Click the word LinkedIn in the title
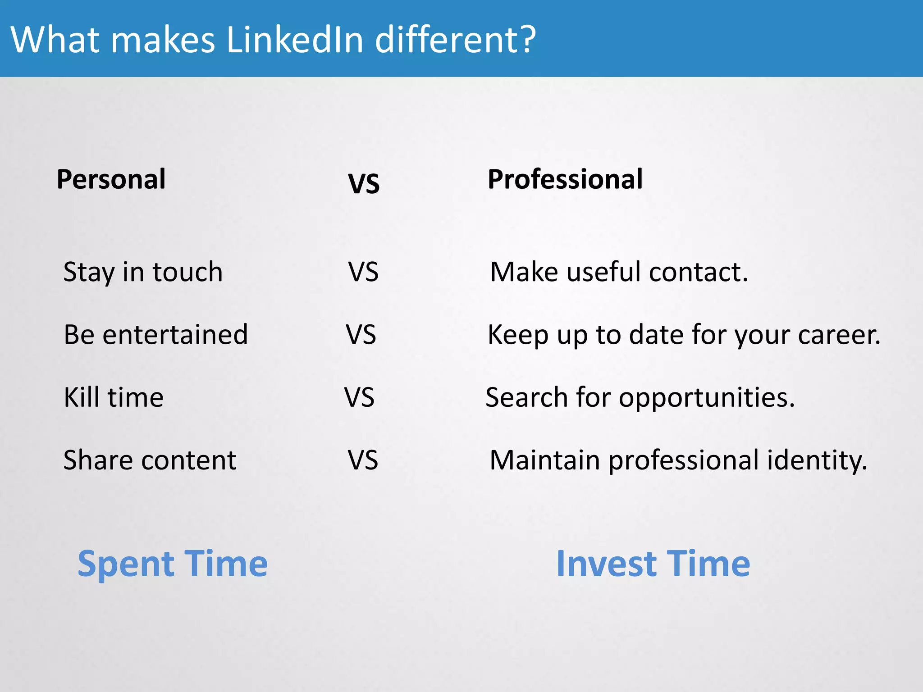tap(295, 40)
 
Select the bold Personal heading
tap(111, 179)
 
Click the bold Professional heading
tap(565, 179)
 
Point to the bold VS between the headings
tap(364, 184)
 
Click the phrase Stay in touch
tap(143, 272)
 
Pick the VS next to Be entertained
tap(361, 335)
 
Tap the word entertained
tap(175, 335)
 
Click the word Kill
tap(82, 397)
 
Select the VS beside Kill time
tap(359, 397)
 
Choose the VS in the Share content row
tap(363, 460)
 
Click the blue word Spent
tap(126, 564)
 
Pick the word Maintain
tap(545, 460)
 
